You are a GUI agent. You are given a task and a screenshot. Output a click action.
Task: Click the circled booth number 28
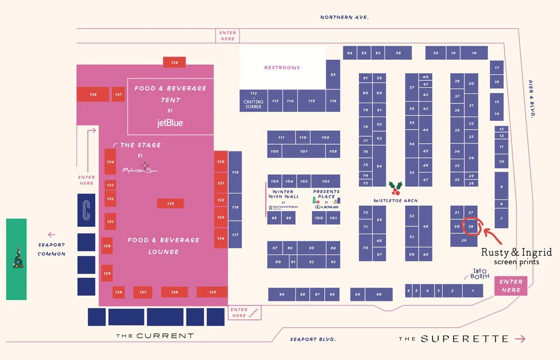coord(471,226)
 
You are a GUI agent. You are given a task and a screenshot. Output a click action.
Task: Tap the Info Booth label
coord(480,274)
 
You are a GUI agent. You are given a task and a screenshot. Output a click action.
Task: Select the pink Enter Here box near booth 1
coord(511,286)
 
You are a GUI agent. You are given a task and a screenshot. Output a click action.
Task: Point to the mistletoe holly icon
coord(396,188)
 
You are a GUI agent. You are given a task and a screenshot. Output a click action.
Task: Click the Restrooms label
coord(282,68)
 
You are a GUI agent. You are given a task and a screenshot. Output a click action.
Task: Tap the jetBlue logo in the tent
coord(170,123)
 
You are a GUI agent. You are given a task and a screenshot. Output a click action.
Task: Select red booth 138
coord(175,62)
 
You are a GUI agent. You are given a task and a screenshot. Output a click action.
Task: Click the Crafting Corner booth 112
coord(253,100)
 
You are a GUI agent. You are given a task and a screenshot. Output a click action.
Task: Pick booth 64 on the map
coord(379,166)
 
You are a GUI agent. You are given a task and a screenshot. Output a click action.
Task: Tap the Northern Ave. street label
coord(344,17)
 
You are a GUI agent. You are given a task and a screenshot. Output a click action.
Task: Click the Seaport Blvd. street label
coord(313,339)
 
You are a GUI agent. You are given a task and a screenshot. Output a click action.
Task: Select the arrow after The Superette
coord(520,339)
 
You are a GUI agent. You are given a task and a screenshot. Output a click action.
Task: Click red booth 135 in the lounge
coord(170,204)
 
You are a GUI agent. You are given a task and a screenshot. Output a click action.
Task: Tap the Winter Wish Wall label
coord(282,194)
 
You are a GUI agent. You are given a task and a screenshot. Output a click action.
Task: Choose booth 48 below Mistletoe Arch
coord(425,226)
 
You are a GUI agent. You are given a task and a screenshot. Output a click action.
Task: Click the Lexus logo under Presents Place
coord(327,207)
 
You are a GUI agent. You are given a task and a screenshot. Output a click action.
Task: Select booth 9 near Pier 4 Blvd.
coord(501,186)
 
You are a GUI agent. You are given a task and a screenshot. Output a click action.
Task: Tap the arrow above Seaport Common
coord(51,235)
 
